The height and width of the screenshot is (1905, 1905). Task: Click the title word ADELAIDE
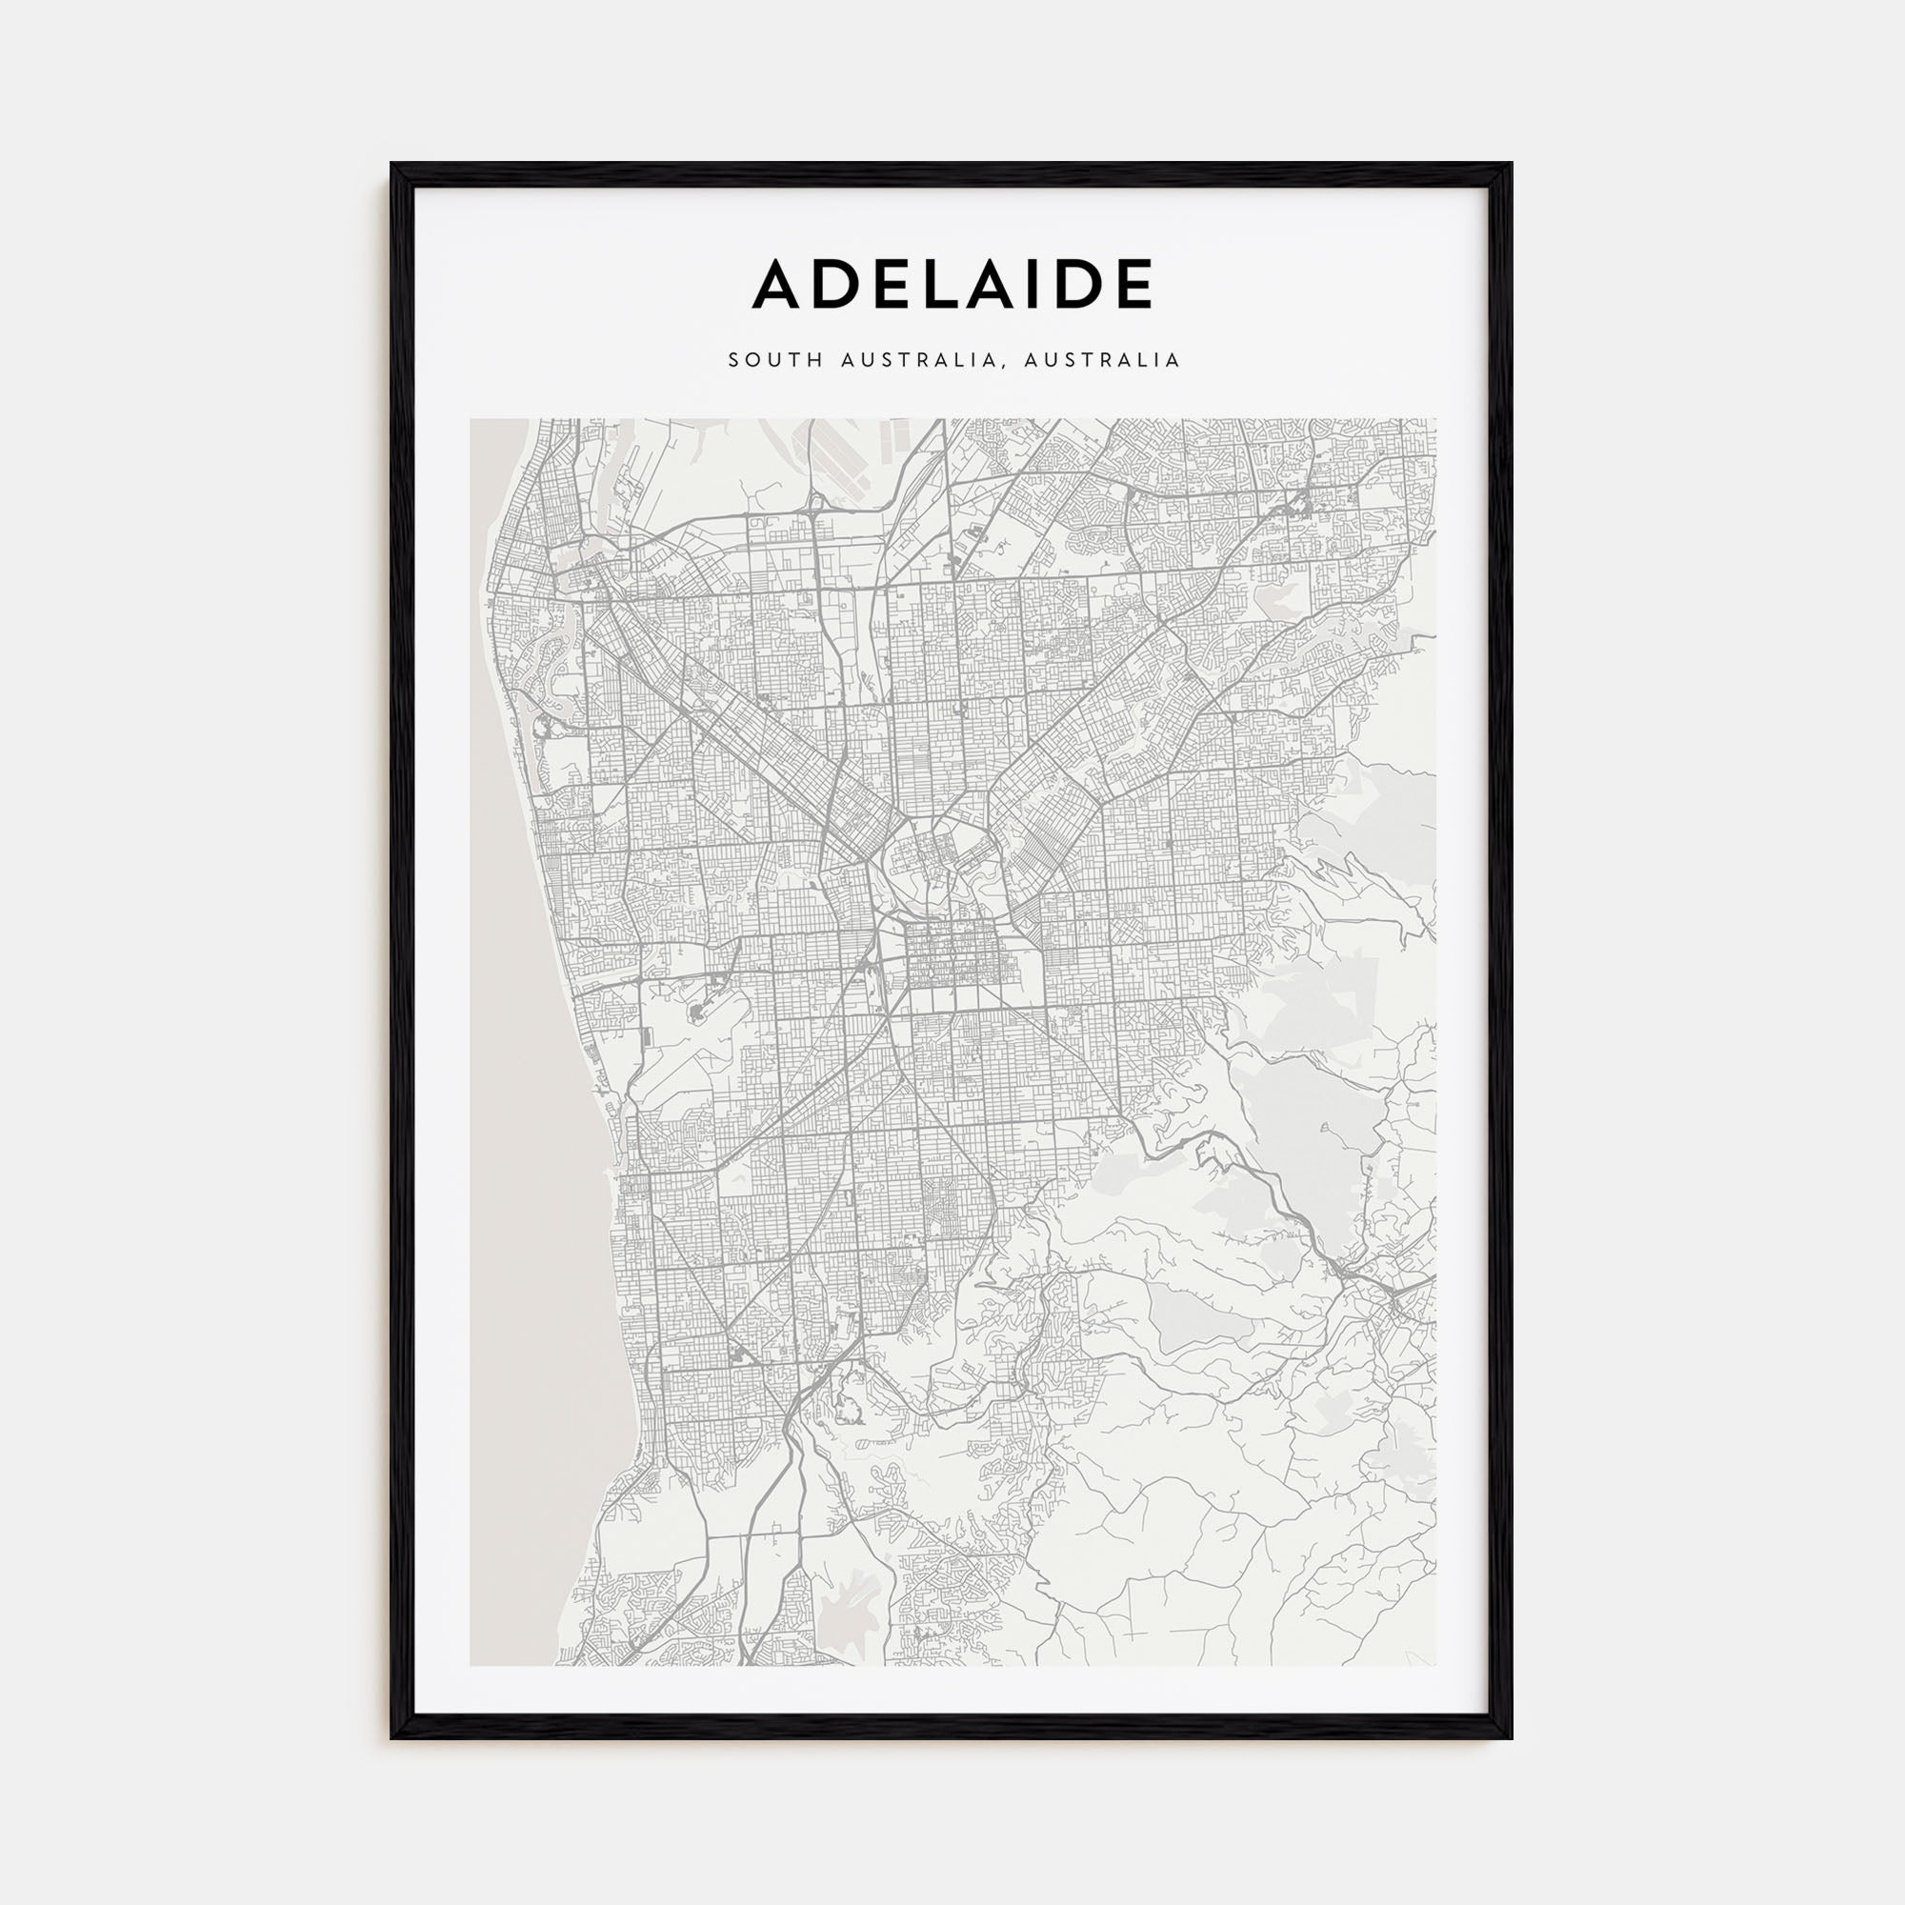click(x=952, y=284)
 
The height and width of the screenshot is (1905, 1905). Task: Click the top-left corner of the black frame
click(x=392, y=165)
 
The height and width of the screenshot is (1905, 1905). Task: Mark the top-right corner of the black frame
click(x=1511, y=165)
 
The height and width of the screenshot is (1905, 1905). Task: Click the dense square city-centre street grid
click(x=949, y=954)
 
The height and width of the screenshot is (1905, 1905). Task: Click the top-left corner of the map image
click(x=471, y=419)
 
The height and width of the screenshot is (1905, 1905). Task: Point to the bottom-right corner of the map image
click(x=1435, y=1665)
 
